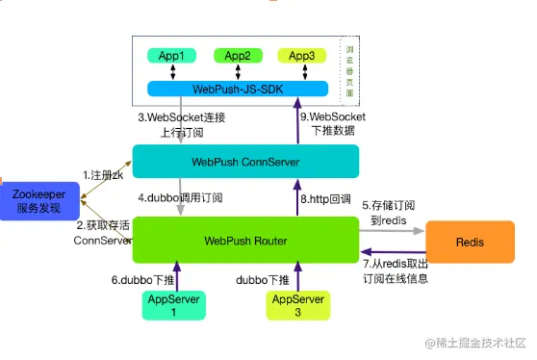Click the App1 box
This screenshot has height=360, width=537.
tap(170, 56)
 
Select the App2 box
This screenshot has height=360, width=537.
tap(238, 56)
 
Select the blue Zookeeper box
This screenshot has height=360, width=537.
tap(38, 200)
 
